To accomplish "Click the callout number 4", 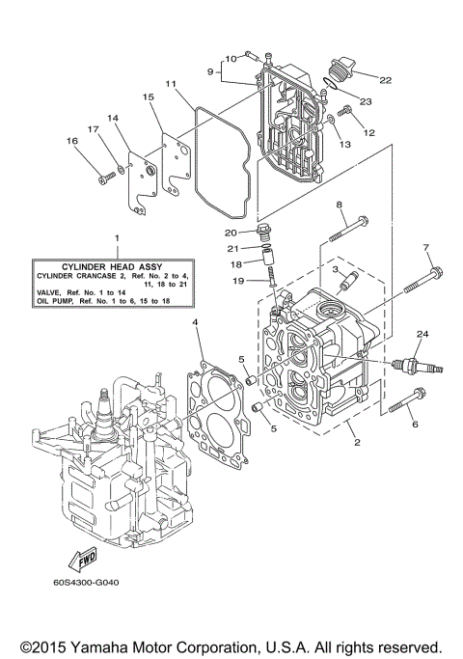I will coord(195,320).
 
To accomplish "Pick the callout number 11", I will coord(170,84).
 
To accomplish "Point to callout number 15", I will coord(149,97).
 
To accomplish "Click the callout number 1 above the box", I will coord(116,237).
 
